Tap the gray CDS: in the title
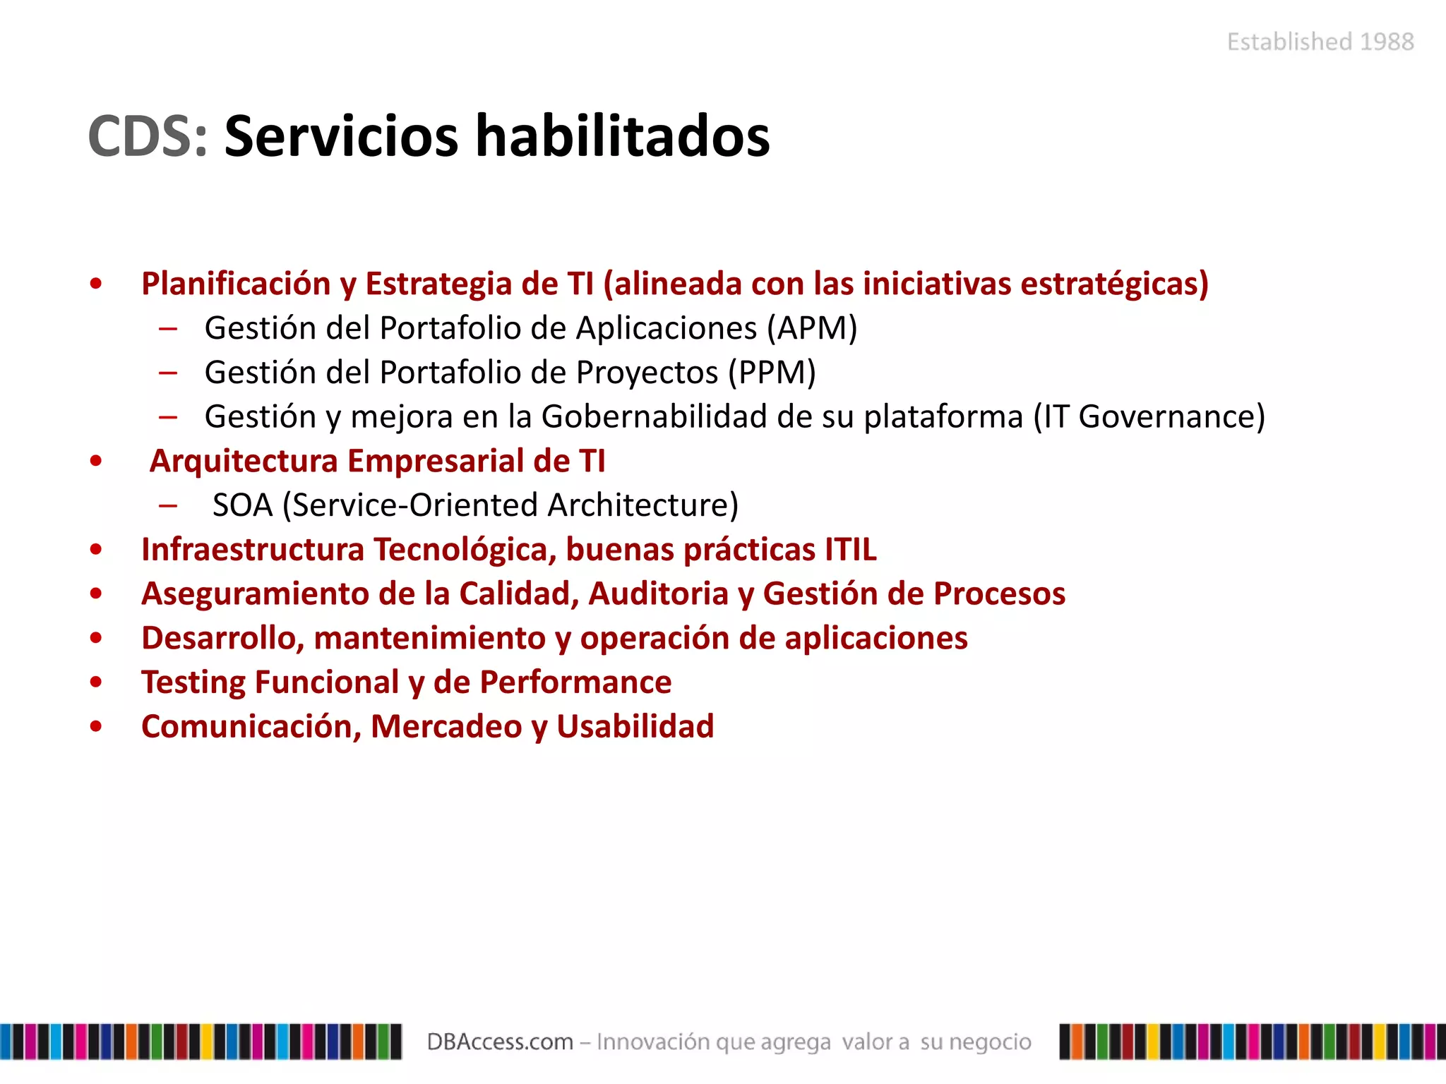click(148, 136)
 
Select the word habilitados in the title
click(622, 136)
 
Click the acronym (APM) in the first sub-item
click(812, 328)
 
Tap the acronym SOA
click(242, 505)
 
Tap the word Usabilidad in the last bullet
click(635, 726)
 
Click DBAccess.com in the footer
click(499, 1042)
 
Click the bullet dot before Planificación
click(96, 284)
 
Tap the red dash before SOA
click(168, 505)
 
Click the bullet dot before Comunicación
click(96, 727)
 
